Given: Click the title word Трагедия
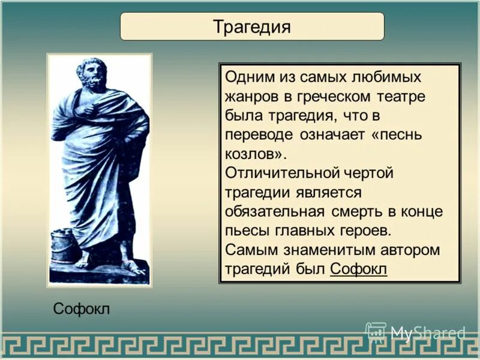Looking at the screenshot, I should pos(252,27).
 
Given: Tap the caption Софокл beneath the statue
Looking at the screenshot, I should pos(82,308).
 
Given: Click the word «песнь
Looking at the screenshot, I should pos(397,134).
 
